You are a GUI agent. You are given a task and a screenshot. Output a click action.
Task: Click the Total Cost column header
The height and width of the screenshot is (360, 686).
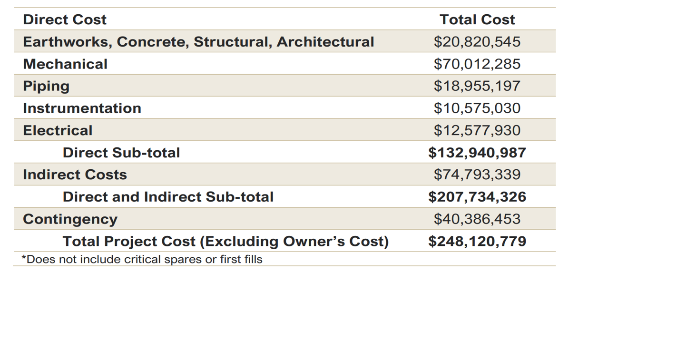pyautogui.click(x=477, y=19)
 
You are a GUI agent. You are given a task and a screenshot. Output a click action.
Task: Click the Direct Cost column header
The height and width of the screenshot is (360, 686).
pyautogui.click(x=65, y=19)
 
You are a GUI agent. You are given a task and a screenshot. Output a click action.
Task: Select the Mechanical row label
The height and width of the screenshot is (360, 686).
pyautogui.click(x=65, y=64)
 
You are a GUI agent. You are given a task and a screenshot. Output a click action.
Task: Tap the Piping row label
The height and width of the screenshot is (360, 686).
pyautogui.click(x=46, y=86)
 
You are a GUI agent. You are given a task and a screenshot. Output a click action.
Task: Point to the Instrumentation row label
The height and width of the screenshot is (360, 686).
pyautogui.click(x=82, y=108)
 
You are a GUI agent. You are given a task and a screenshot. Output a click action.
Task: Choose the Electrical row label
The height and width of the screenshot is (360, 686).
pyautogui.click(x=58, y=130)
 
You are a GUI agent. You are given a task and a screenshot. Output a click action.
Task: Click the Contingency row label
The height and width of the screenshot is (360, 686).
pyautogui.click(x=70, y=219)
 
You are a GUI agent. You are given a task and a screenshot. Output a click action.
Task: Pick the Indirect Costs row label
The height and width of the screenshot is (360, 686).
pyautogui.click(x=75, y=175)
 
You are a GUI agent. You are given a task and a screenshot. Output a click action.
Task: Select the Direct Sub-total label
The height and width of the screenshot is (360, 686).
pyautogui.click(x=121, y=153)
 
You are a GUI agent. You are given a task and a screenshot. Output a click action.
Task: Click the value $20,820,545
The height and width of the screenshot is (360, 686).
pyautogui.click(x=477, y=42)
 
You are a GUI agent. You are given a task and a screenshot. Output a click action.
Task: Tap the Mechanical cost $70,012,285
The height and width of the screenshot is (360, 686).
pyautogui.click(x=477, y=64)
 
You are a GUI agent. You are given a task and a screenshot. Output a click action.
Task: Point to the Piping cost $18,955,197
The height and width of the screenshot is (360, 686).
pyautogui.click(x=477, y=86)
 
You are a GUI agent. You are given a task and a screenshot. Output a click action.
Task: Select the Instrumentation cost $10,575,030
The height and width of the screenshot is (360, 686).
pyautogui.click(x=477, y=108)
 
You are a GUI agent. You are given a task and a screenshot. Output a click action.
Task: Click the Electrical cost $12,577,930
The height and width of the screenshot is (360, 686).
pyautogui.click(x=477, y=130)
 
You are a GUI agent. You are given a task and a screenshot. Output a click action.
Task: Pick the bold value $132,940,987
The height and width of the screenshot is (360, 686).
pyautogui.click(x=477, y=153)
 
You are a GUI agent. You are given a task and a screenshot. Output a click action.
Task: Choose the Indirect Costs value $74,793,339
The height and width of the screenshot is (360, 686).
pyautogui.click(x=477, y=175)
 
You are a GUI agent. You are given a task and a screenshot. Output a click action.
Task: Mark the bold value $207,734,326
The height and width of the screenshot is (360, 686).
pyautogui.click(x=477, y=197)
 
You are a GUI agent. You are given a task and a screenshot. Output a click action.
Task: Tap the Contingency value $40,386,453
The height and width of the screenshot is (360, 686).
pyautogui.click(x=477, y=219)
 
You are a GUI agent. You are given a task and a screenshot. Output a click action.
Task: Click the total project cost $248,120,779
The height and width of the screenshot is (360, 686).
pyautogui.click(x=477, y=241)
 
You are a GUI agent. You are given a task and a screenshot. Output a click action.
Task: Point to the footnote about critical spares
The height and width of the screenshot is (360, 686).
pyautogui.click(x=142, y=259)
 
